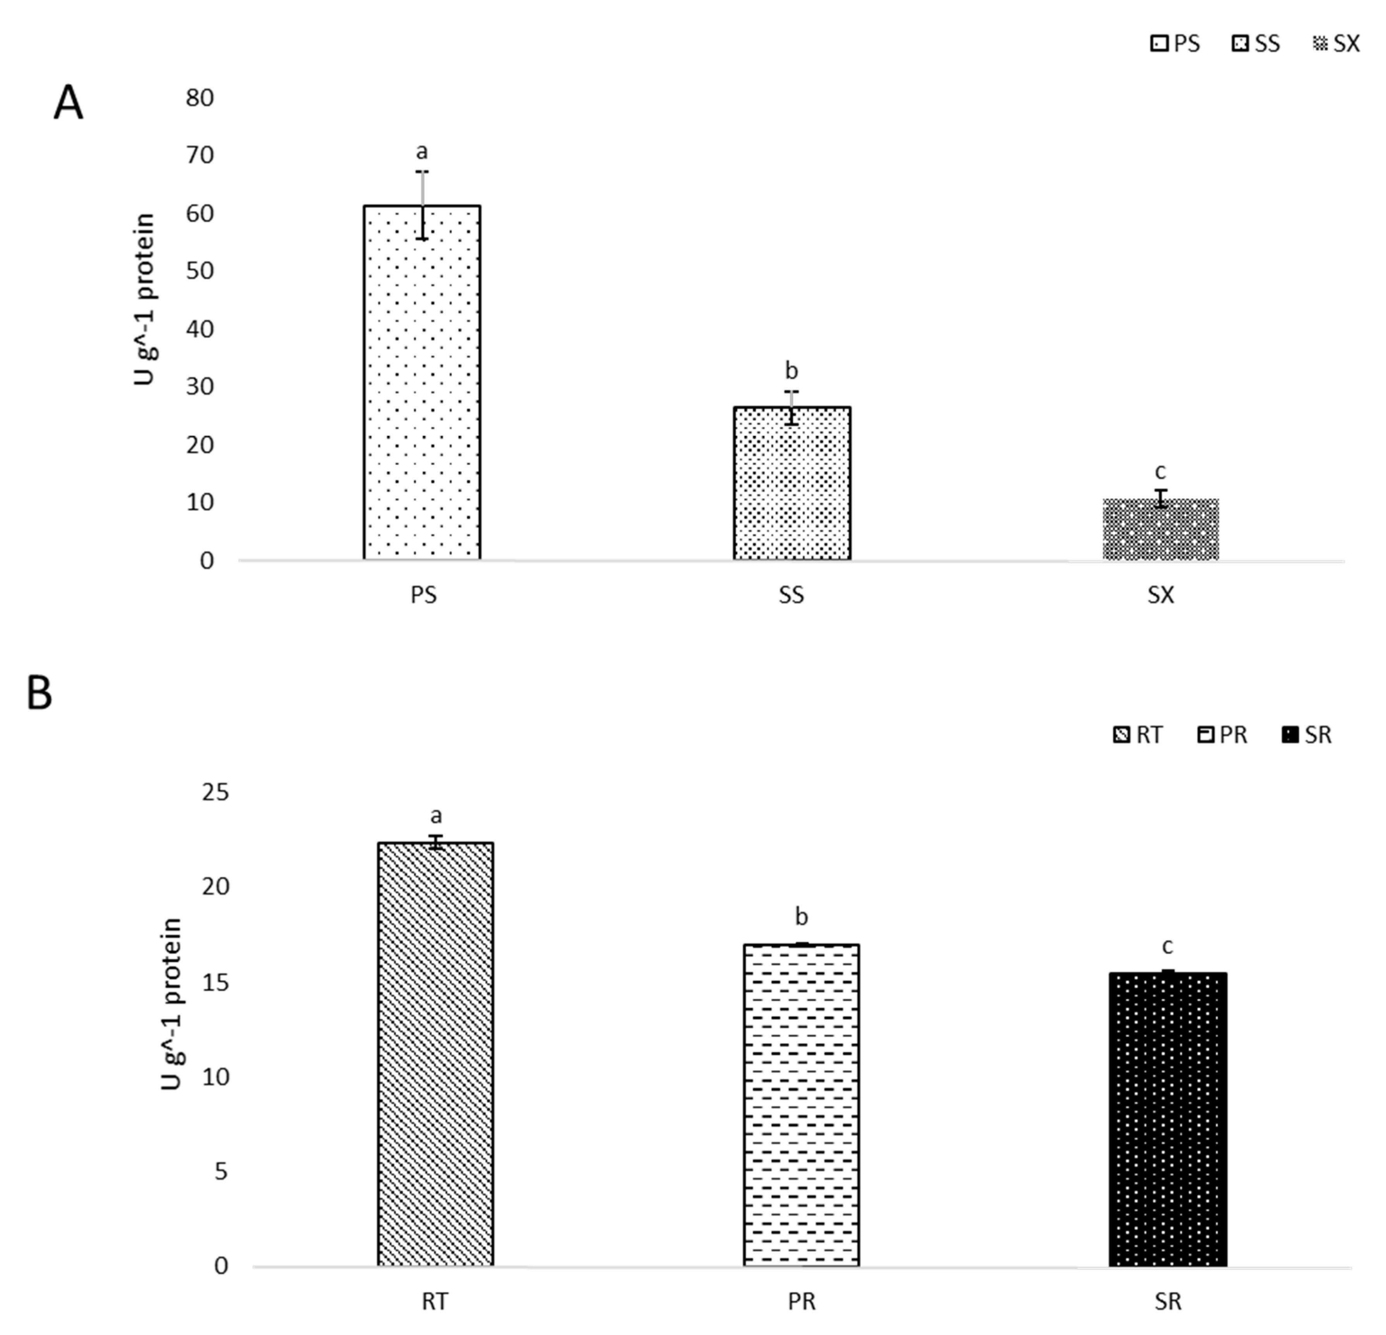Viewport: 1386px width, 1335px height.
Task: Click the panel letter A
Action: tap(69, 104)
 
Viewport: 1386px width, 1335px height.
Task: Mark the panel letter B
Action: tap(40, 694)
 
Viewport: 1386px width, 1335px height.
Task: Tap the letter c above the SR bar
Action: tap(1168, 946)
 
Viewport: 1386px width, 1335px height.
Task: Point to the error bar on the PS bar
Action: tap(422, 205)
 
